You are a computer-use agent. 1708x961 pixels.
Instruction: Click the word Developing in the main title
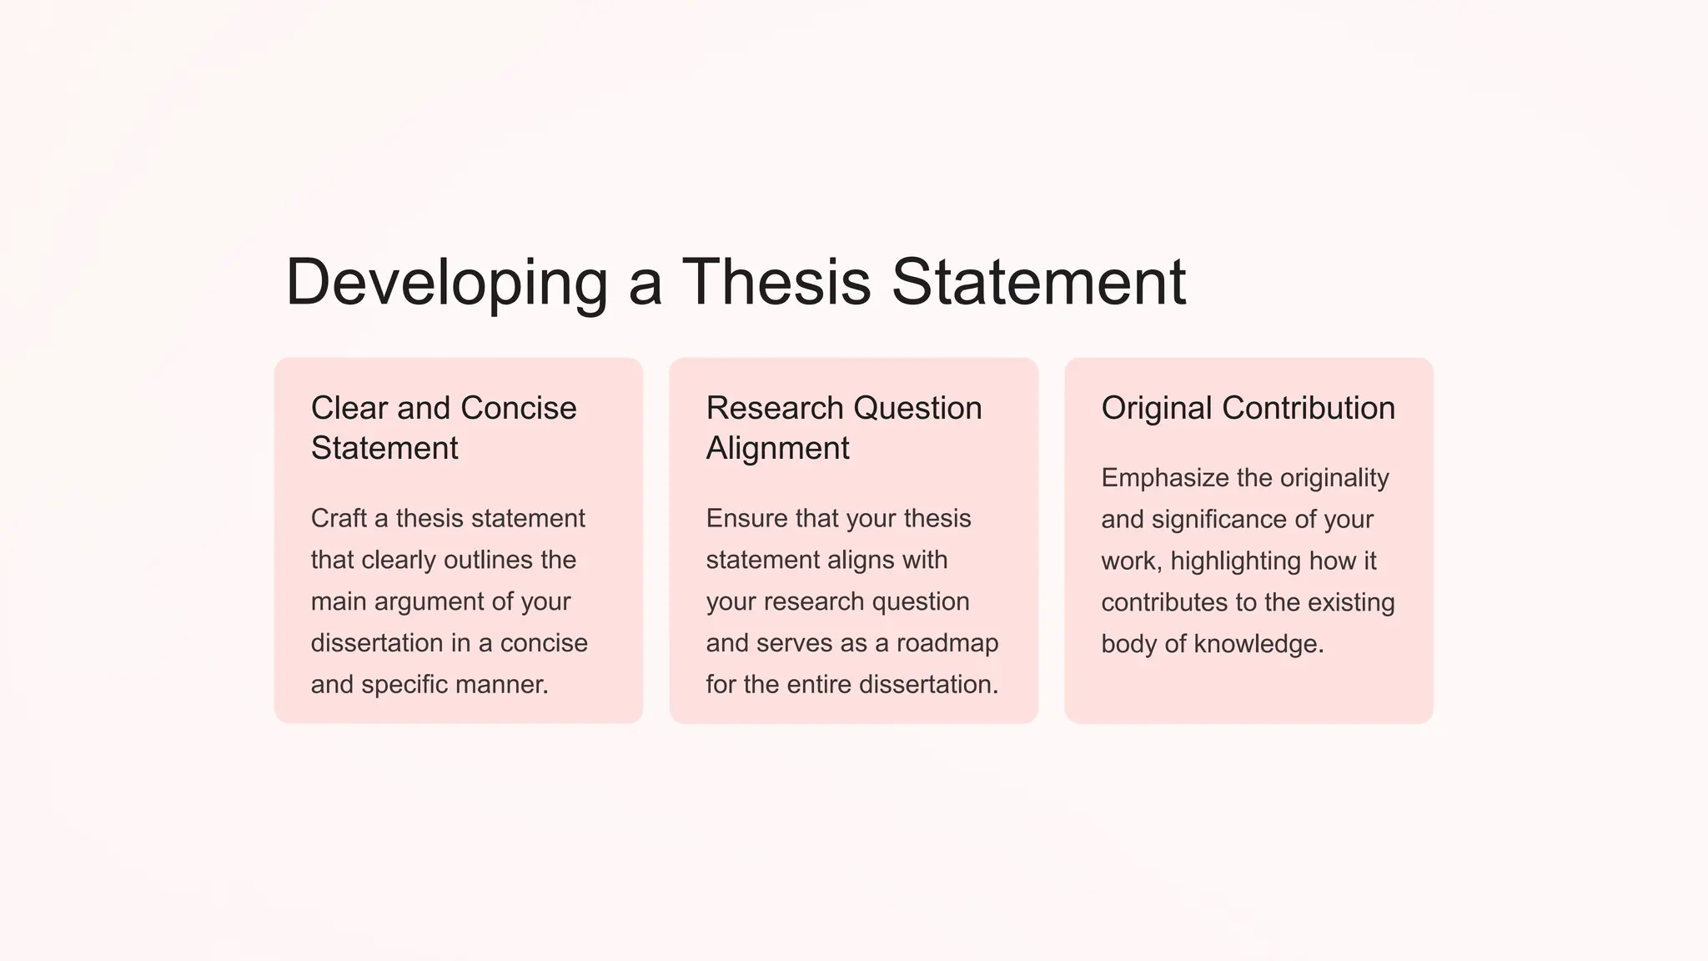pos(446,283)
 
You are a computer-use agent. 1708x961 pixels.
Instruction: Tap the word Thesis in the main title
pos(776,281)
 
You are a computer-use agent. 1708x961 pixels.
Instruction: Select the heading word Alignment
pos(777,449)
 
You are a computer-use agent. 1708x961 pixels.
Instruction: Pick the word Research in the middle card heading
pos(775,408)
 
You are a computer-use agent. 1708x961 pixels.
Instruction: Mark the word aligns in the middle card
pos(862,560)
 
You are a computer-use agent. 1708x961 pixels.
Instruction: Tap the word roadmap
pos(947,643)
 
